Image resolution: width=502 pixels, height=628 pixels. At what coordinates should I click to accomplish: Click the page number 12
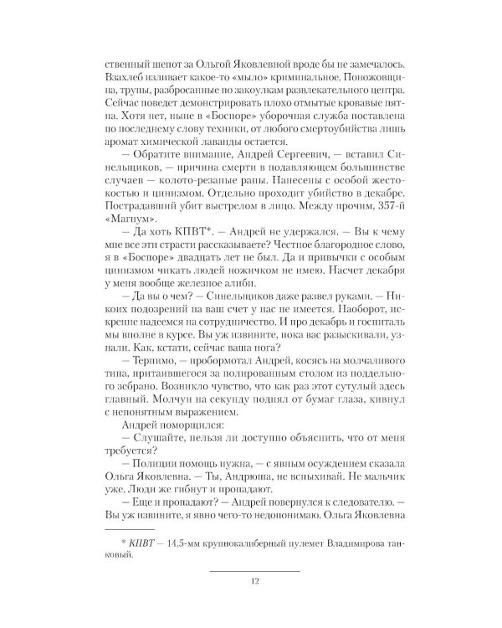click(254, 583)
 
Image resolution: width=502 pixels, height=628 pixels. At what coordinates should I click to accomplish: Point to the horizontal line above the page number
click(254, 570)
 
